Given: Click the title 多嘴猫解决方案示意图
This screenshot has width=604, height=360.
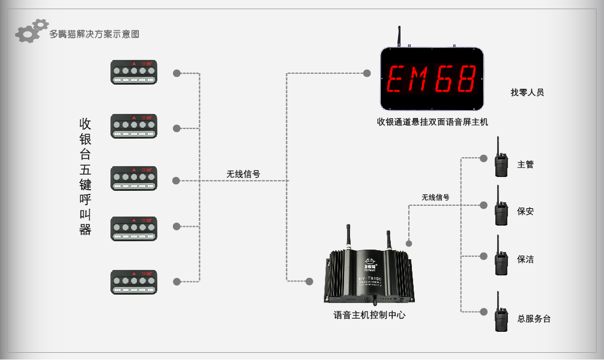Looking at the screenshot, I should click(94, 34).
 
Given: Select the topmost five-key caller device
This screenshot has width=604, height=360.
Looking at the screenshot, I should click(133, 72).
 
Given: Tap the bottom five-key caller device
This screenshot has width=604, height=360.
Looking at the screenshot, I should click(133, 282).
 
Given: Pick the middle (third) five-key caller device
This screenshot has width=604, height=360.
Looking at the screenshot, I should click(133, 179).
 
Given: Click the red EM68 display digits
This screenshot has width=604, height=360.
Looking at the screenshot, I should click(432, 79).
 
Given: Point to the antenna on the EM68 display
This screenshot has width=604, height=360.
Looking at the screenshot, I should click(399, 35).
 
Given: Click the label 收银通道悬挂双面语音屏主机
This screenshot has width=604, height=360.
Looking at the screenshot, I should click(432, 122).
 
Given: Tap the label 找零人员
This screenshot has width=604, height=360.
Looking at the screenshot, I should click(527, 92).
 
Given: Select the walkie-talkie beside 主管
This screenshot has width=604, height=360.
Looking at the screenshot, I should click(500, 160).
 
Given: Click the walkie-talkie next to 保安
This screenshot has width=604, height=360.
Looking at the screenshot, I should click(500, 208).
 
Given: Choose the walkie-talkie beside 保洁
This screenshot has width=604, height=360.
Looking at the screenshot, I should click(500, 257).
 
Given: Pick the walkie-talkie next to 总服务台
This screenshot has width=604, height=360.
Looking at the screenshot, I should click(500, 314).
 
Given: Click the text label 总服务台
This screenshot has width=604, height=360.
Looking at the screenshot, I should click(534, 319).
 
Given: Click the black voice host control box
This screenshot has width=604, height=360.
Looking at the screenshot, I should click(369, 276).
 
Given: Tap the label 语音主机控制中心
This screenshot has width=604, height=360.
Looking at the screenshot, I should click(369, 314).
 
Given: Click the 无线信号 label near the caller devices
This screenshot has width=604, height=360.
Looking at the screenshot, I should click(243, 174).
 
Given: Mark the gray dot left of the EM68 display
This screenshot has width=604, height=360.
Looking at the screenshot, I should click(367, 73).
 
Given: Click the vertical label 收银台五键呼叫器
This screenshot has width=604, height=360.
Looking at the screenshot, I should click(85, 176).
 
